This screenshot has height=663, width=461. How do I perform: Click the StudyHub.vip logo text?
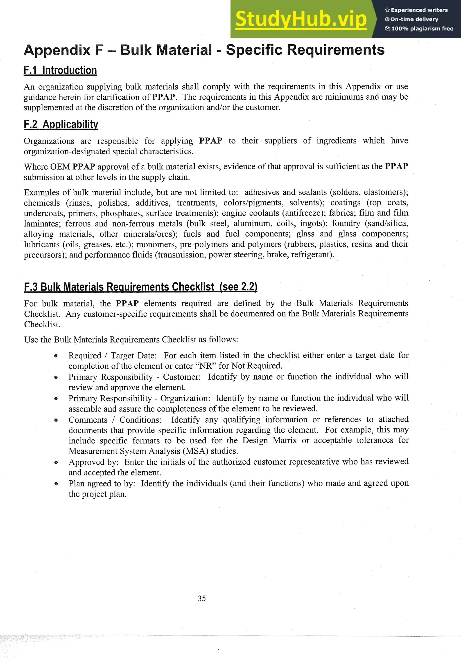pyautogui.click(x=301, y=19)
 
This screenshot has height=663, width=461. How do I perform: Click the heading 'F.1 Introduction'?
pyautogui.click(x=60, y=70)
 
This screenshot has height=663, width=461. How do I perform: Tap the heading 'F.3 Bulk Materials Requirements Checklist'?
pyautogui.click(x=140, y=287)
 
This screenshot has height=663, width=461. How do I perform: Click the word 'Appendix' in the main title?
pyautogui.click(x=57, y=50)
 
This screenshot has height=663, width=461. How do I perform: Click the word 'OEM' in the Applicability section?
pyautogui.click(x=60, y=167)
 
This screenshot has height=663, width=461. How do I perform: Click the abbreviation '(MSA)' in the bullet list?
pyautogui.click(x=195, y=451)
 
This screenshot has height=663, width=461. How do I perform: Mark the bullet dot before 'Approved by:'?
pyautogui.click(x=56, y=462)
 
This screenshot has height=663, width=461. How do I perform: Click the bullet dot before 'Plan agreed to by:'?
pyautogui.click(x=56, y=484)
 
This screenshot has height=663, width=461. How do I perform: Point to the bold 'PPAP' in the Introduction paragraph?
pyautogui.click(x=163, y=97)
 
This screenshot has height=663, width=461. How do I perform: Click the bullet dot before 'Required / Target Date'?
pyautogui.click(x=56, y=356)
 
